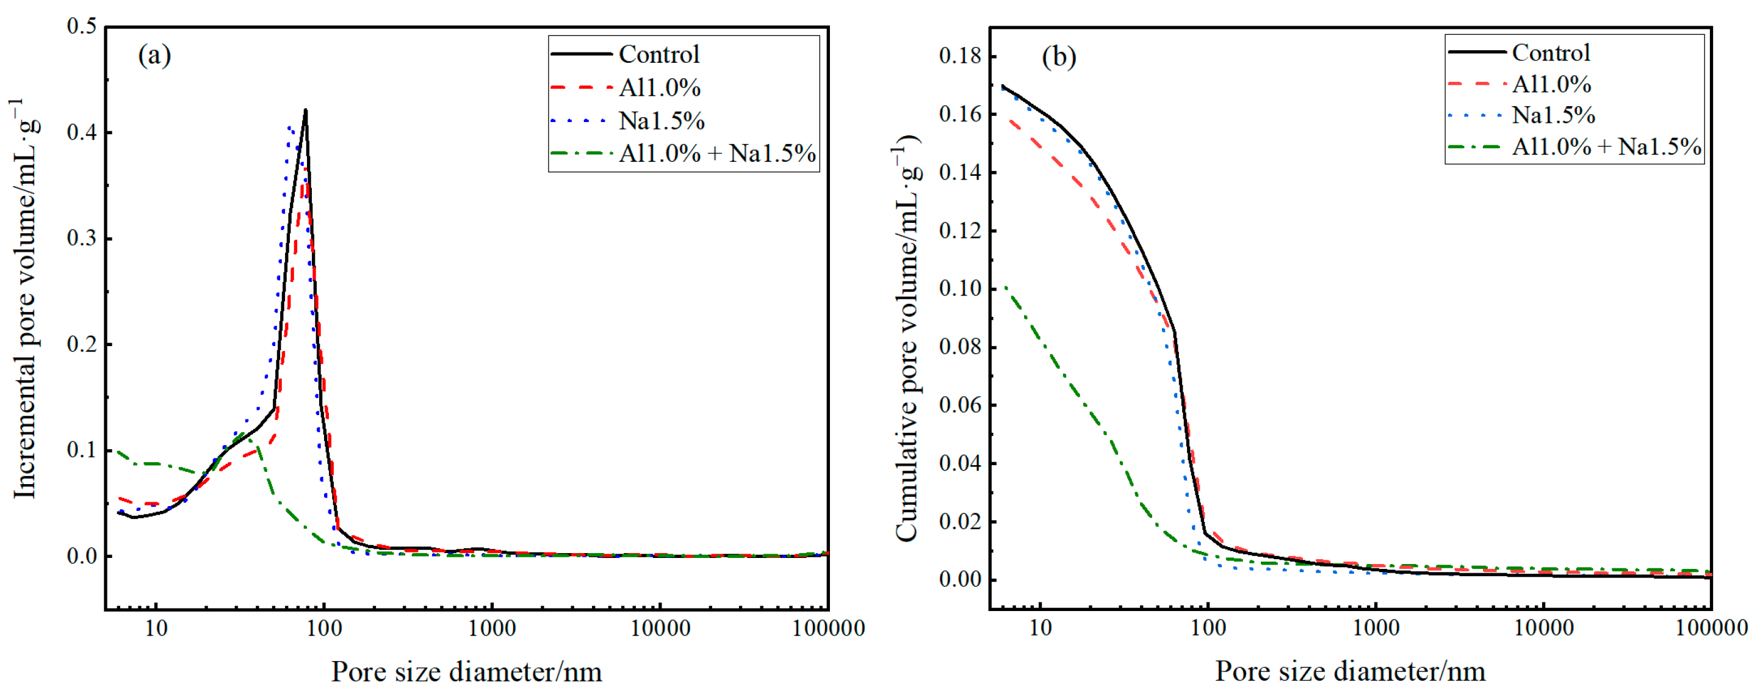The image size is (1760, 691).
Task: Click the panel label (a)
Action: (154, 55)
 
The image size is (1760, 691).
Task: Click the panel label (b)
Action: (1058, 56)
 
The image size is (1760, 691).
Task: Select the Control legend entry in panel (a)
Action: (658, 54)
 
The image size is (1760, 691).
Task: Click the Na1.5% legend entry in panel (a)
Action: (661, 121)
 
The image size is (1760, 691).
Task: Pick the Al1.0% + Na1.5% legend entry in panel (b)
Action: (1606, 147)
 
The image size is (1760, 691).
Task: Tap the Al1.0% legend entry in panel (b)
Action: (1551, 85)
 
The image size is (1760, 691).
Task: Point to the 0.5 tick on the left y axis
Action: (81, 27)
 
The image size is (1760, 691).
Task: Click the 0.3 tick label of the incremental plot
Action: (81, 239)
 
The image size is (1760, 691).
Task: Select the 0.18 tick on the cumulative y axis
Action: (959, 56)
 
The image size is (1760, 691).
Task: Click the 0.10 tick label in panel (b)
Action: (959, 289)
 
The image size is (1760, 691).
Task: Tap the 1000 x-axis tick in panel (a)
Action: (491, 628)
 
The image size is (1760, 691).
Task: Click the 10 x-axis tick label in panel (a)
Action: (156, 628)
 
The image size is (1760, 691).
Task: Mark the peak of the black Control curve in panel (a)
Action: (305, 109)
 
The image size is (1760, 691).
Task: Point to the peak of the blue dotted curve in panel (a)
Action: (290, 127)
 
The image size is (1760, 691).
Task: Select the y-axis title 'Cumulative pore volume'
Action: (906, 338)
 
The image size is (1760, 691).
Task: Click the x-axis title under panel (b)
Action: (1349, 671)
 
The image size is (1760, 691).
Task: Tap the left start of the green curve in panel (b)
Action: (1005, 286)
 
